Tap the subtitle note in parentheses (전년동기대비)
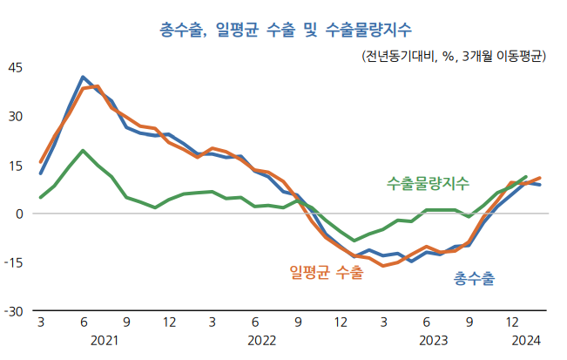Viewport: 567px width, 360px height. (x=452, y=57)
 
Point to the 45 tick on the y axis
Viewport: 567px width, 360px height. (x=17, y=67)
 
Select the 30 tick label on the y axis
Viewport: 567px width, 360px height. (x=17, y=116)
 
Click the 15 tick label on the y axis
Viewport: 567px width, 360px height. (x=17, y=165)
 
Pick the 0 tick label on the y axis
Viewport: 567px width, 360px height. (x=20, y=214)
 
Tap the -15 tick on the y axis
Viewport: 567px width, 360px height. (x=15, y=262)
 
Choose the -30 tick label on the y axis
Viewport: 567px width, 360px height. (x=15, y=311)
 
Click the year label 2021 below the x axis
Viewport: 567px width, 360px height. (x=105, y=339)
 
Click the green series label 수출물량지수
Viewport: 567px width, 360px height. (x=428, y=183)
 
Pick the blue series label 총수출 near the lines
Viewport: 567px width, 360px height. (x=474, y=278)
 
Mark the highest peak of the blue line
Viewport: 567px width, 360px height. (x=83, y=78)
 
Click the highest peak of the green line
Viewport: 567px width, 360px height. (x=83, y=151)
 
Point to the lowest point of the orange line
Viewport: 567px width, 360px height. (x=383, y=265)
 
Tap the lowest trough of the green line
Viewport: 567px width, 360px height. (x=354, y=240)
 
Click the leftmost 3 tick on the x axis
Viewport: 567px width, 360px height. (x=40, y=323)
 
